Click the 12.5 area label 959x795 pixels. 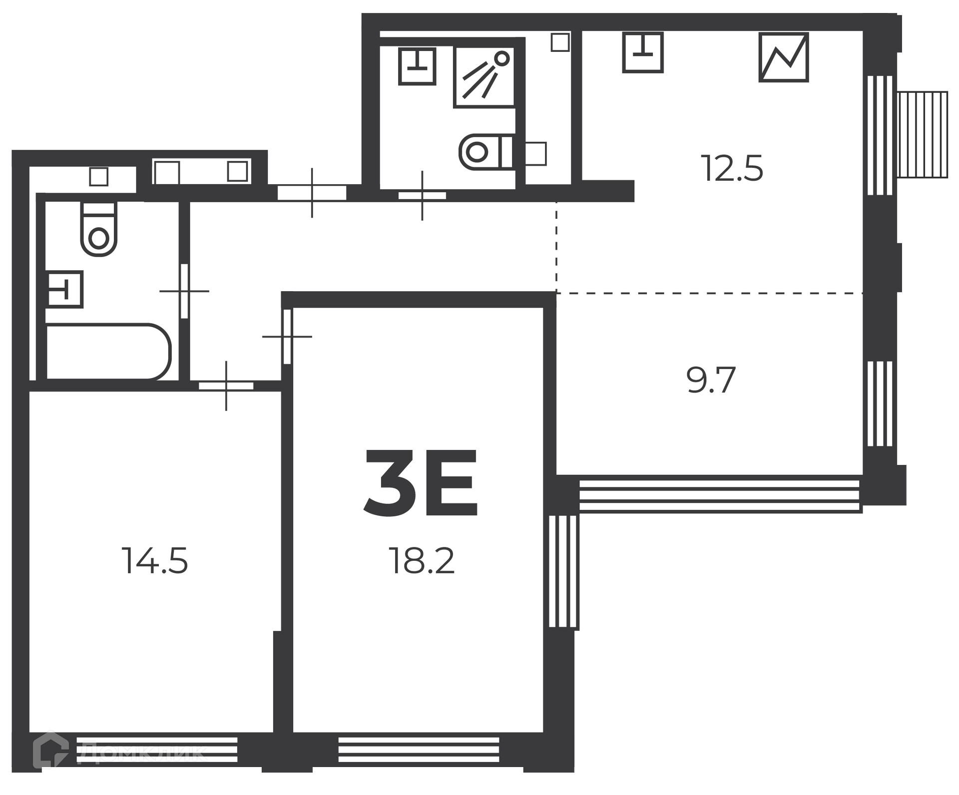732,169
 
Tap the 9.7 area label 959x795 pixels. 711,380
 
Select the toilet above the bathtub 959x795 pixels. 99,229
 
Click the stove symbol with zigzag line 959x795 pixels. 784,57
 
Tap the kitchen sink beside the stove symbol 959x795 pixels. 643,52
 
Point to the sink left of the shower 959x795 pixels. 417,66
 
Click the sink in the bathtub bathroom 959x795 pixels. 65,289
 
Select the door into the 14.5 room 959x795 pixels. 226,386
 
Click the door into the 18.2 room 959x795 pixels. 287,337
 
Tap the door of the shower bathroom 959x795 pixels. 422,196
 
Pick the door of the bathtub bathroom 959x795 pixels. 184,291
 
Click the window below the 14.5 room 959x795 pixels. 157,750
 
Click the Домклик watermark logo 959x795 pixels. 120,750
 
